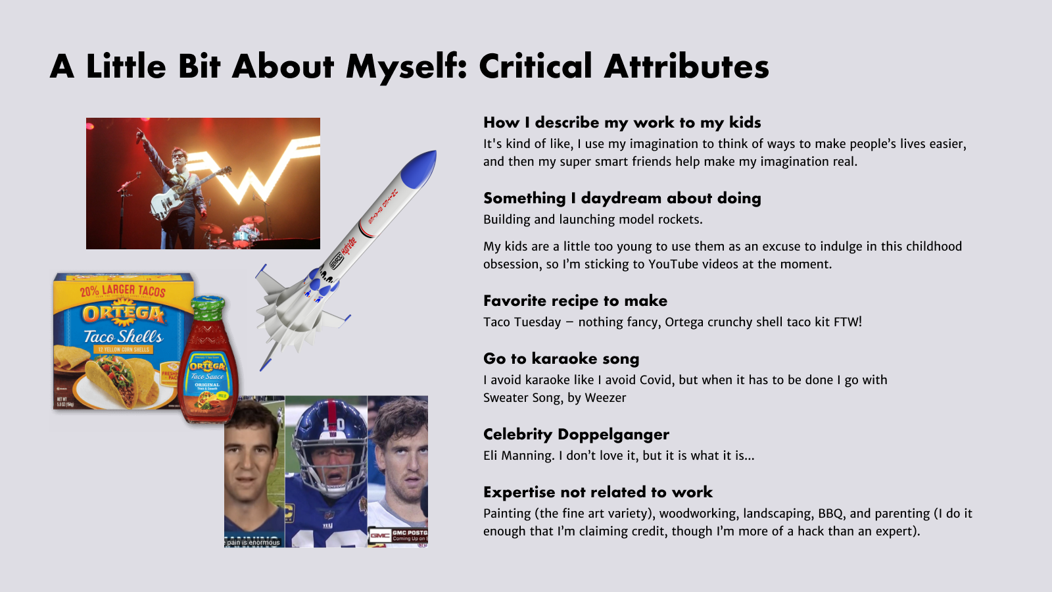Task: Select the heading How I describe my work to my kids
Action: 622,122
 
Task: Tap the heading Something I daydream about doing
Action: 622,198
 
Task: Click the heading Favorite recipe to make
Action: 575,301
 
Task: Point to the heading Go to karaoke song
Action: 562,359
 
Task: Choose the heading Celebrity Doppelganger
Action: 576,435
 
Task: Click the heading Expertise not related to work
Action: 598,492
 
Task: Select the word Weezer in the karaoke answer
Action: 606,398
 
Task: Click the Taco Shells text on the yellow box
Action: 123,336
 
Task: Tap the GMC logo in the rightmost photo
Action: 379,535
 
